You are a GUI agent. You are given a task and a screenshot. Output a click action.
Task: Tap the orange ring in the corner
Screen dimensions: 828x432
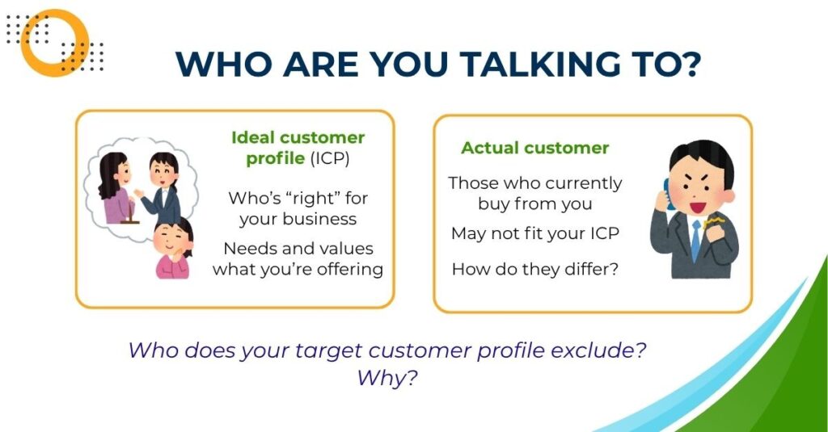[x=30, y=43]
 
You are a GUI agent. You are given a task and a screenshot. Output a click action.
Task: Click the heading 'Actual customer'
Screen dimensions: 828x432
[x=535, y=148]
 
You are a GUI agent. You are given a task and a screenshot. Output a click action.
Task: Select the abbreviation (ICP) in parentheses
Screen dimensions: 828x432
[x=330, y=158]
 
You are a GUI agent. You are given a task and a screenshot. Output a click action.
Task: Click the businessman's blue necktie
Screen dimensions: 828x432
[x=696, y=241]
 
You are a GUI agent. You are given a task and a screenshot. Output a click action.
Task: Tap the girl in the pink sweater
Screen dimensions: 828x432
[x=173, y=248]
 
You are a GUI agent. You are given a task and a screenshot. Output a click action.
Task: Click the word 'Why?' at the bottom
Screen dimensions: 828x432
[x=387, y=378]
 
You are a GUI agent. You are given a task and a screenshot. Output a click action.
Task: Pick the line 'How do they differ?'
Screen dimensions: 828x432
[x=535, y=269]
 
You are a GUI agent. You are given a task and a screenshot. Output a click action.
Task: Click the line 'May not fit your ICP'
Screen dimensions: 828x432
[x=535, y=233]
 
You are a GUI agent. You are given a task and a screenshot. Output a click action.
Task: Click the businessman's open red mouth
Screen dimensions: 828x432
[x=698, y=208]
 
